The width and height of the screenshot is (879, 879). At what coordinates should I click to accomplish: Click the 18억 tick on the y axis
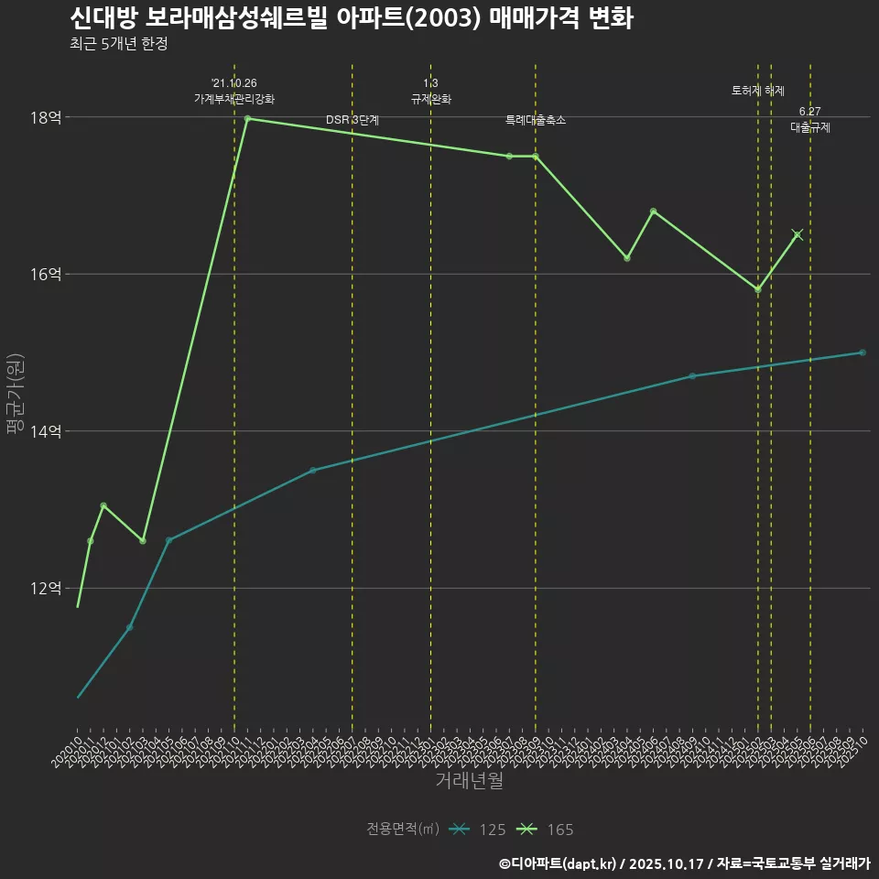click(46, 117)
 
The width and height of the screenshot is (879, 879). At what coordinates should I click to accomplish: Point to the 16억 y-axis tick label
click(46, 274)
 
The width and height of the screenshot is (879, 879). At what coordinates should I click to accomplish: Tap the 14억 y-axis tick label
click(46, 431)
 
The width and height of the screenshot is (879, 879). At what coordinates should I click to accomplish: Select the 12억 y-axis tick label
click(46, 588)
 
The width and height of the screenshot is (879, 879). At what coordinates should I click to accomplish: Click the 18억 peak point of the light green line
click(248, 118)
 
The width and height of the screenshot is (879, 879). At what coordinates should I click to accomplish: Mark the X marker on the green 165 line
click(798, 234)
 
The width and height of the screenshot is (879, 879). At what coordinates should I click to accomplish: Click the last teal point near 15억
click(863, 353)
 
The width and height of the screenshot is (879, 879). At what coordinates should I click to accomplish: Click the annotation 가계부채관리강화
click(234, 99)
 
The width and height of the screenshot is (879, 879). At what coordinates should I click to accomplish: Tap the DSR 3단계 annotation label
click(353, 120)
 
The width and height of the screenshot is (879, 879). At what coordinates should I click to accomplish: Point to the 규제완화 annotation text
click(430, 99)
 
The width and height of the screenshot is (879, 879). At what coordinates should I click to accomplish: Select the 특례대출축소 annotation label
click(536, 120)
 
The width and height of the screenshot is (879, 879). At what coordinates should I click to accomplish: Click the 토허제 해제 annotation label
click(758, 91)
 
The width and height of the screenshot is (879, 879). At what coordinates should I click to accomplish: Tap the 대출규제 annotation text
click(810, 128)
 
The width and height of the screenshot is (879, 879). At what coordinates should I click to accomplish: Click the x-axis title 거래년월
click(469, 781)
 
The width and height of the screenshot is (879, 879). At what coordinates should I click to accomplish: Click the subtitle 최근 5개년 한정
click(118, 44)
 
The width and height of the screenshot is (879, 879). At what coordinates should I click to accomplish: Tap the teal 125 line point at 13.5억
click(313, 471)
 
